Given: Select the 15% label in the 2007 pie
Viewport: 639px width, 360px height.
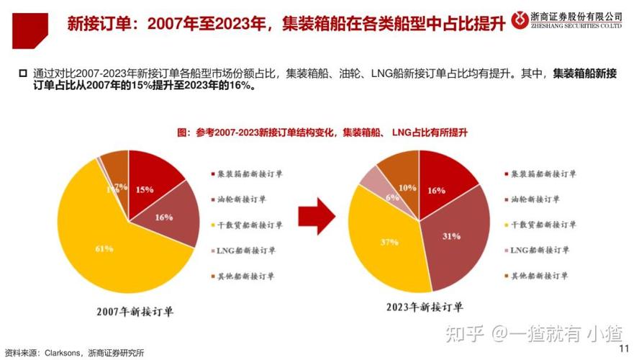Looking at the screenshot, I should (145, 189).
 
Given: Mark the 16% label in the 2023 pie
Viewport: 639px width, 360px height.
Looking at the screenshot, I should (436, 191).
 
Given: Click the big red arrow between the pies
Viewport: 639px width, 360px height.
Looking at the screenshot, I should (317, 217).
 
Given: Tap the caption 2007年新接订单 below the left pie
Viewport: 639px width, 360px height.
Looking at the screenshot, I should (135, 312).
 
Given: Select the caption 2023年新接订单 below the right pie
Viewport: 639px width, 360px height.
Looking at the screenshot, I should (422, 312).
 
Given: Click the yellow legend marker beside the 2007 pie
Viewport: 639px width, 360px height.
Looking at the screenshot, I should (213, 225).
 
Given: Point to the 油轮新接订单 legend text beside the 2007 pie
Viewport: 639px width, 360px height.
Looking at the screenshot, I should (243, 199).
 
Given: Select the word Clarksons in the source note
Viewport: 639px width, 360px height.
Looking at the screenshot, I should (65, 353).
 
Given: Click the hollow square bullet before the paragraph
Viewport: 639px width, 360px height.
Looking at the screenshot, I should (22, 73).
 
